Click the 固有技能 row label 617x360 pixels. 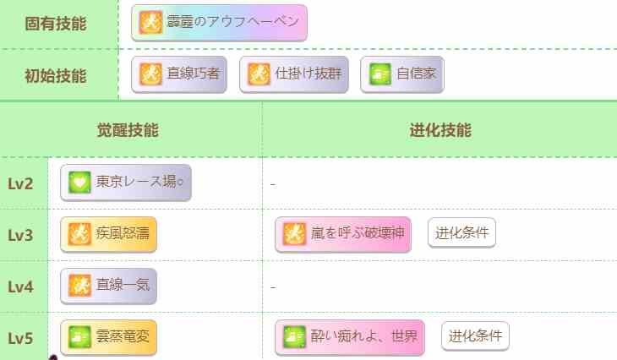click(x=56, y=24)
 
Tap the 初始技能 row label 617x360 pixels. click(x=56, y=75)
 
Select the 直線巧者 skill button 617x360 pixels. click(x=179, y=74)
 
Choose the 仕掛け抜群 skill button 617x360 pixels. click(x=294, y=74)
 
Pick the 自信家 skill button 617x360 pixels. click(x=402, y=74)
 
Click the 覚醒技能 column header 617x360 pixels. click(x=128, y=130)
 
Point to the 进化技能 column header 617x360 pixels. click(x=440, y=130)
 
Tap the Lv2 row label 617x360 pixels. click(x=20, y=183)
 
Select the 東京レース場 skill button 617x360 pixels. click(x=126, y=183)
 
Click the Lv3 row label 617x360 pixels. click(x=20, y=235)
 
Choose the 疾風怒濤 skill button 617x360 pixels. click(x=108, y=234)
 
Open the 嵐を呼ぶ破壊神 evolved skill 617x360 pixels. click(x=343, y=234)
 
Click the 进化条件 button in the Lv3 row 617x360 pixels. click(x=461, y=233)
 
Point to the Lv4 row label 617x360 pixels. click(x=20, y=286)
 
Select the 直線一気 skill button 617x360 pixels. click(x=108, y=286)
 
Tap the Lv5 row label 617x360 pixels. click(x=20, y=338)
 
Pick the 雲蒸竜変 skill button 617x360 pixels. click(x=108, y=337)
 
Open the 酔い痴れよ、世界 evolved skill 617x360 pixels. click(x=350, y=337)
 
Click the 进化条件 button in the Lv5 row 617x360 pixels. click(x=475, y=336)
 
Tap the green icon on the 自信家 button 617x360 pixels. click(x=380, y=74)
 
